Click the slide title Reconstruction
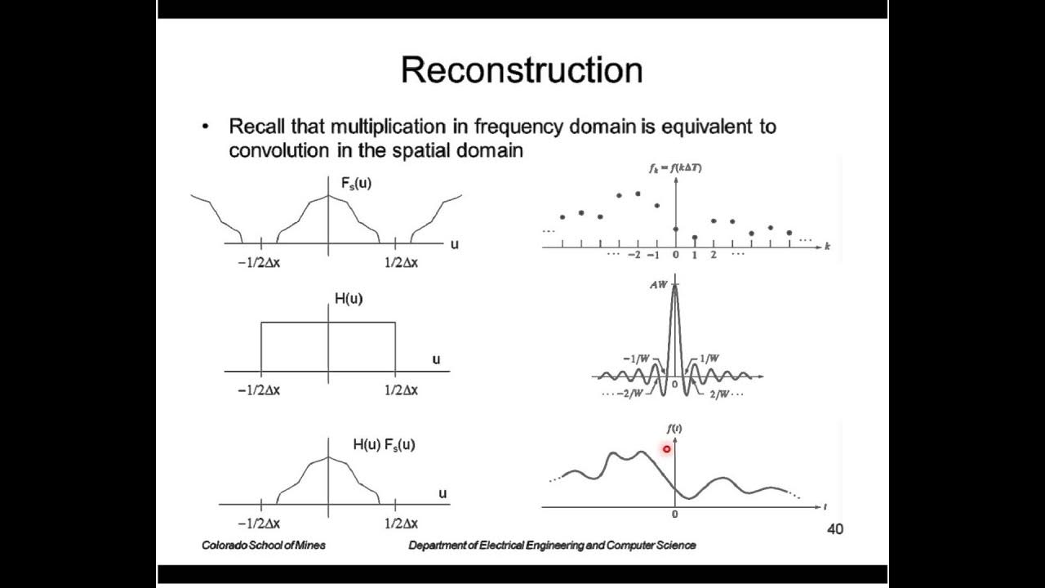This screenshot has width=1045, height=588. [522, 70]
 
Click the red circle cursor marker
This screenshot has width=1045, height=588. [667, 449]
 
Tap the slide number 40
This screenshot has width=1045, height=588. [834, 529]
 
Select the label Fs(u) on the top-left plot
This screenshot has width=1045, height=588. [356, 184]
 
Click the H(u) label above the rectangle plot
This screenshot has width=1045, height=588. [349, 299]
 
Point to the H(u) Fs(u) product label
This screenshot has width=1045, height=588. [384, 445]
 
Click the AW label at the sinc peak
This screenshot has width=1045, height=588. [659, 285]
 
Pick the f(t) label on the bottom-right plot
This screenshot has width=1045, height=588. [674, 429]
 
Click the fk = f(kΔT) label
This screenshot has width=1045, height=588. [674, 167]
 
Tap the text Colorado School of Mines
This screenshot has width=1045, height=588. [264, 545]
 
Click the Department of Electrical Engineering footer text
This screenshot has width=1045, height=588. [552, 545]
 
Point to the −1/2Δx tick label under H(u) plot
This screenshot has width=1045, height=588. [259, 390]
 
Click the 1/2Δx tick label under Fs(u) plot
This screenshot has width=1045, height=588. [401, 262]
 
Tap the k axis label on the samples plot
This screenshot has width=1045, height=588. [827, 246]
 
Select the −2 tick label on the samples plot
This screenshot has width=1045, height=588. [634, 255]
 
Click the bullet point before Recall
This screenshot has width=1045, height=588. [207, 127]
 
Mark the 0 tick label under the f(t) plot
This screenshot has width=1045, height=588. [674, 514]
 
